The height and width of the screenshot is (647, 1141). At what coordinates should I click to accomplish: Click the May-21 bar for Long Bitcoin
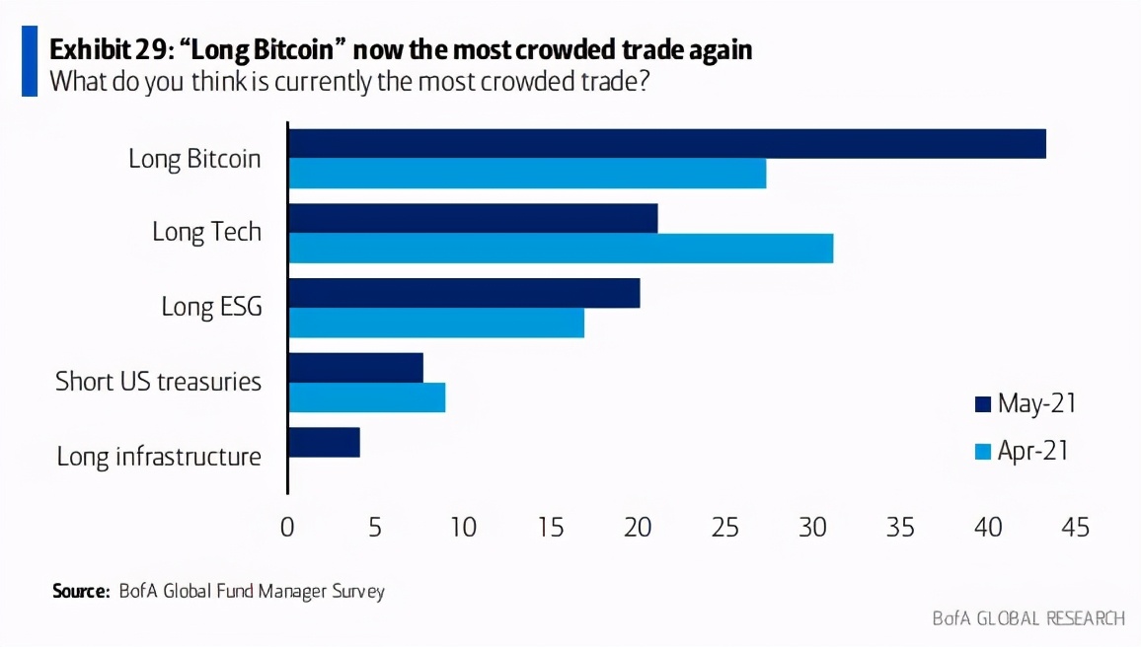point(666,144)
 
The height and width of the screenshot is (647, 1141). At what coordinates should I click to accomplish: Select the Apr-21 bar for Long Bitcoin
point(527,174)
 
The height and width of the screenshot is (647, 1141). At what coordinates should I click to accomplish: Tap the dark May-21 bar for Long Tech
point(473,218)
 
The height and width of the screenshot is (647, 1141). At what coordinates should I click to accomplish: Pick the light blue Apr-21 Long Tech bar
point(561,248)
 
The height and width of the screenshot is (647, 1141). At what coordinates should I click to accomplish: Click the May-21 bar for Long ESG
point(464,293)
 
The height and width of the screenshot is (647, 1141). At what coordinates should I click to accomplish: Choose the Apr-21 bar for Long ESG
point(436,323)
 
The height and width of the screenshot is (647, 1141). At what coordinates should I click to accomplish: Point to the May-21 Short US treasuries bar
point(355,368)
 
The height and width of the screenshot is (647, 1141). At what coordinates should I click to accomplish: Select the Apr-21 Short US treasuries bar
point(366,397)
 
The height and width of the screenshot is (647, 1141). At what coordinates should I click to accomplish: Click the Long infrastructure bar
point(324,442)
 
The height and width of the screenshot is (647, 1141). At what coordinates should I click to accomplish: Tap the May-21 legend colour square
point(982,404)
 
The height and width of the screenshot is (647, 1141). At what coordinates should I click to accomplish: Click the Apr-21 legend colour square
point(982,453)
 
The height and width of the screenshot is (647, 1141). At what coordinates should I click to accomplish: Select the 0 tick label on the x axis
point(287,528)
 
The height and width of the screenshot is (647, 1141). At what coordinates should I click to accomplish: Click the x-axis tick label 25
point(725,528)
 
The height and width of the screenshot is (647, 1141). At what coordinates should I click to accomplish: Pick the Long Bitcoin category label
point(194,158)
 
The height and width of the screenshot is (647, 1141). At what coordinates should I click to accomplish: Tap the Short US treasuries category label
point(158,381)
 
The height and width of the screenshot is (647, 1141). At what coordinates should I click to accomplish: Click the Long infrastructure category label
point(159,457)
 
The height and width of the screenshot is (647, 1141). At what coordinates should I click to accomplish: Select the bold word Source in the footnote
point(79,592)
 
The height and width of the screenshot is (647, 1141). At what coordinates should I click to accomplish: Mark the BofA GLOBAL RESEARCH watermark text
point(1028,618)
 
